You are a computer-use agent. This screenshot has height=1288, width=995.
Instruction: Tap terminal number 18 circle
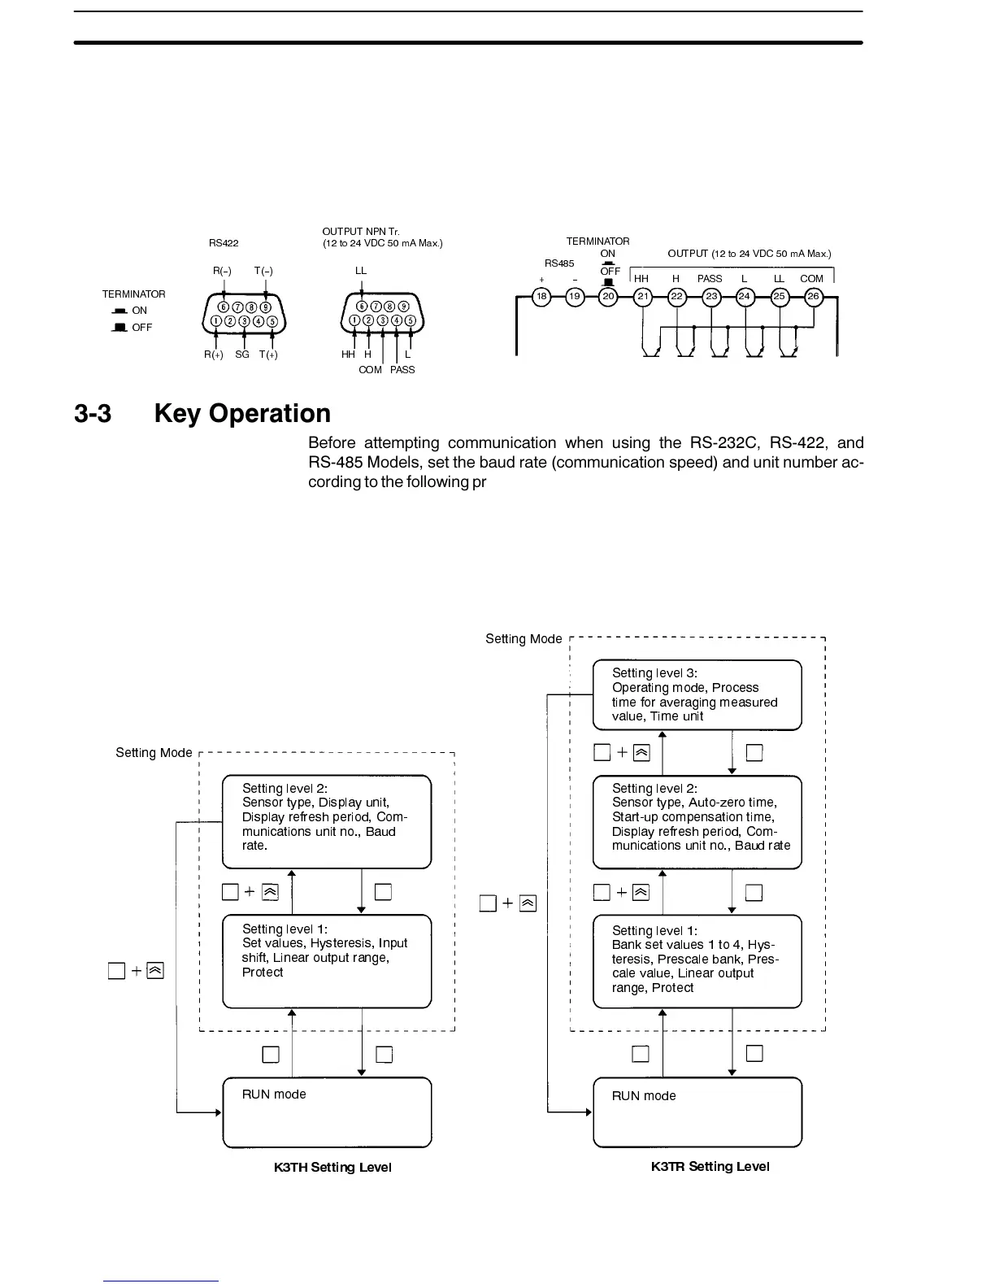(541, 296)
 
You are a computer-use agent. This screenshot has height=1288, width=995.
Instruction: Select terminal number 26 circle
(813, 296)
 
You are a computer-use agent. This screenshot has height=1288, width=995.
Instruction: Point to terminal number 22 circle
(676, 296)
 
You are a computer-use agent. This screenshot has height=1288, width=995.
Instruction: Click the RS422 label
(224, 242)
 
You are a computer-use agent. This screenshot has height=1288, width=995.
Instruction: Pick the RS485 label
(559, 263)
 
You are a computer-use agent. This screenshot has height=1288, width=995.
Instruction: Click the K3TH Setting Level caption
(332, 1167)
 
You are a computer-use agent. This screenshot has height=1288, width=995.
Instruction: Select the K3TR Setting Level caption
(710, 1166)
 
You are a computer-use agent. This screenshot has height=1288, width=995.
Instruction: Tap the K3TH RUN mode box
(327, 1112)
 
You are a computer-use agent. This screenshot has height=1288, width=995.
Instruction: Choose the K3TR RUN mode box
(697, 1112)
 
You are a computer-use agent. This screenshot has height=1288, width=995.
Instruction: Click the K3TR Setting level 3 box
(697, 694)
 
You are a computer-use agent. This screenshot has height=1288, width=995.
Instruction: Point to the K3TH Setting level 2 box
(327, 821)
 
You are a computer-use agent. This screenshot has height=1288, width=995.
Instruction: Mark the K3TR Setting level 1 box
(697, 961)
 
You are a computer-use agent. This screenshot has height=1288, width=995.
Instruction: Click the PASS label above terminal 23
(710, 278)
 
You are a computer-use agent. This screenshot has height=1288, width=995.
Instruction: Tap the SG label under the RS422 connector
(242, 355)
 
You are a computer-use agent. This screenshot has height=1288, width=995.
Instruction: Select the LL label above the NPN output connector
(361, 270)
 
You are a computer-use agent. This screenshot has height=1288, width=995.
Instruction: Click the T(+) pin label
(268, 355)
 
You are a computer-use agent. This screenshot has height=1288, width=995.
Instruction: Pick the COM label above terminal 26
(811, 278)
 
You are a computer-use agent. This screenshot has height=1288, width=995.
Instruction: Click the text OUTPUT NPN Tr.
(361, 233)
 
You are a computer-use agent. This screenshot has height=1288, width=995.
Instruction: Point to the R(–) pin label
(222, 270)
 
